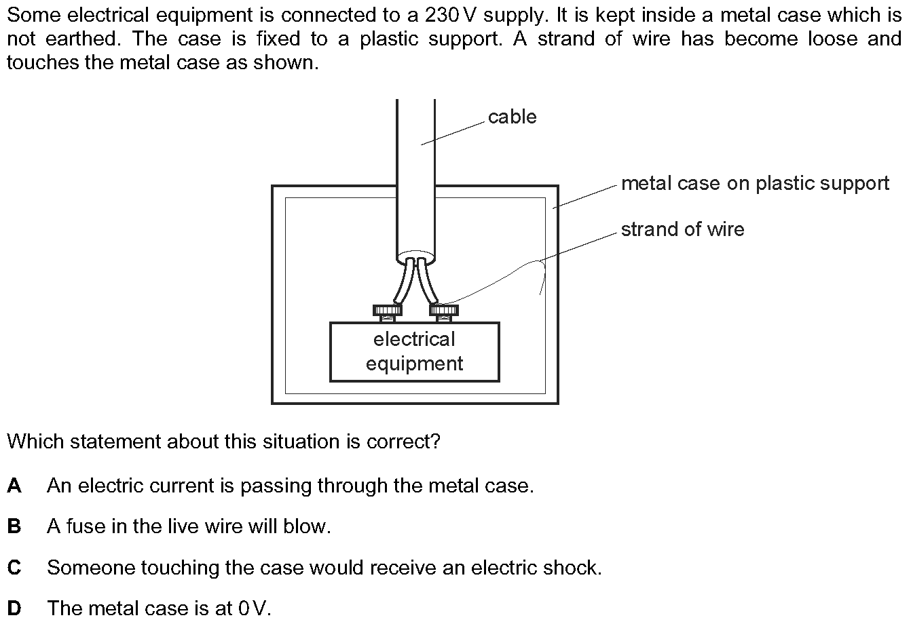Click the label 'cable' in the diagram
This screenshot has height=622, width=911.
512,117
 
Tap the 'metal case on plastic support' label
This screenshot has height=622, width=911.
755,184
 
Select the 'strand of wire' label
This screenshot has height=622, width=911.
682,230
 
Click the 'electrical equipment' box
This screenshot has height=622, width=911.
414,351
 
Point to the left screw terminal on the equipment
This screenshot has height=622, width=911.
387,311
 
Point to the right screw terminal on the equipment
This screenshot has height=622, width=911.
444,311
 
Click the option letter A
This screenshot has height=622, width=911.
14,486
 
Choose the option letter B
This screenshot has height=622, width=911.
14,526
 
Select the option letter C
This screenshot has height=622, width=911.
14,567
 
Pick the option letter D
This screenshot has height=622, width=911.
14,608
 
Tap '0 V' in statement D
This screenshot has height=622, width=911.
254,608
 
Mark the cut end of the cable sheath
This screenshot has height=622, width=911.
415,259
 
